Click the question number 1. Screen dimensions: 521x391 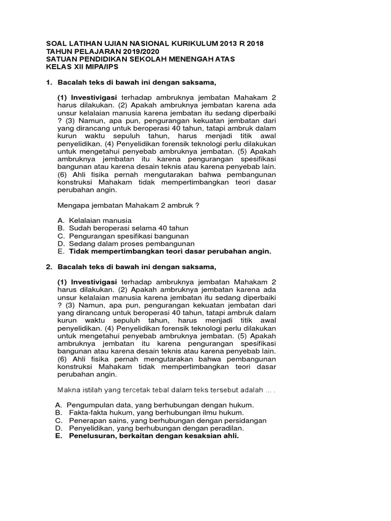pyautogui.click(x=49, y=82)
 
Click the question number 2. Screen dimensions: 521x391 pyautogui.click(x=49, y=267)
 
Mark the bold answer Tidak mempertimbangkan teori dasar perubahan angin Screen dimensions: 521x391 pyautogui.click(x=170, y=251)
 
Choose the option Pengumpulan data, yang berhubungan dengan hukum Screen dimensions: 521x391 pyautogui.click(x=160, y=404)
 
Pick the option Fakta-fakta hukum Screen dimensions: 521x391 pyautogui.click(x=152, y=413)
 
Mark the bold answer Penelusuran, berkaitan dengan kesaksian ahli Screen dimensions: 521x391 pyautogui.click(x=153, y=436)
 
